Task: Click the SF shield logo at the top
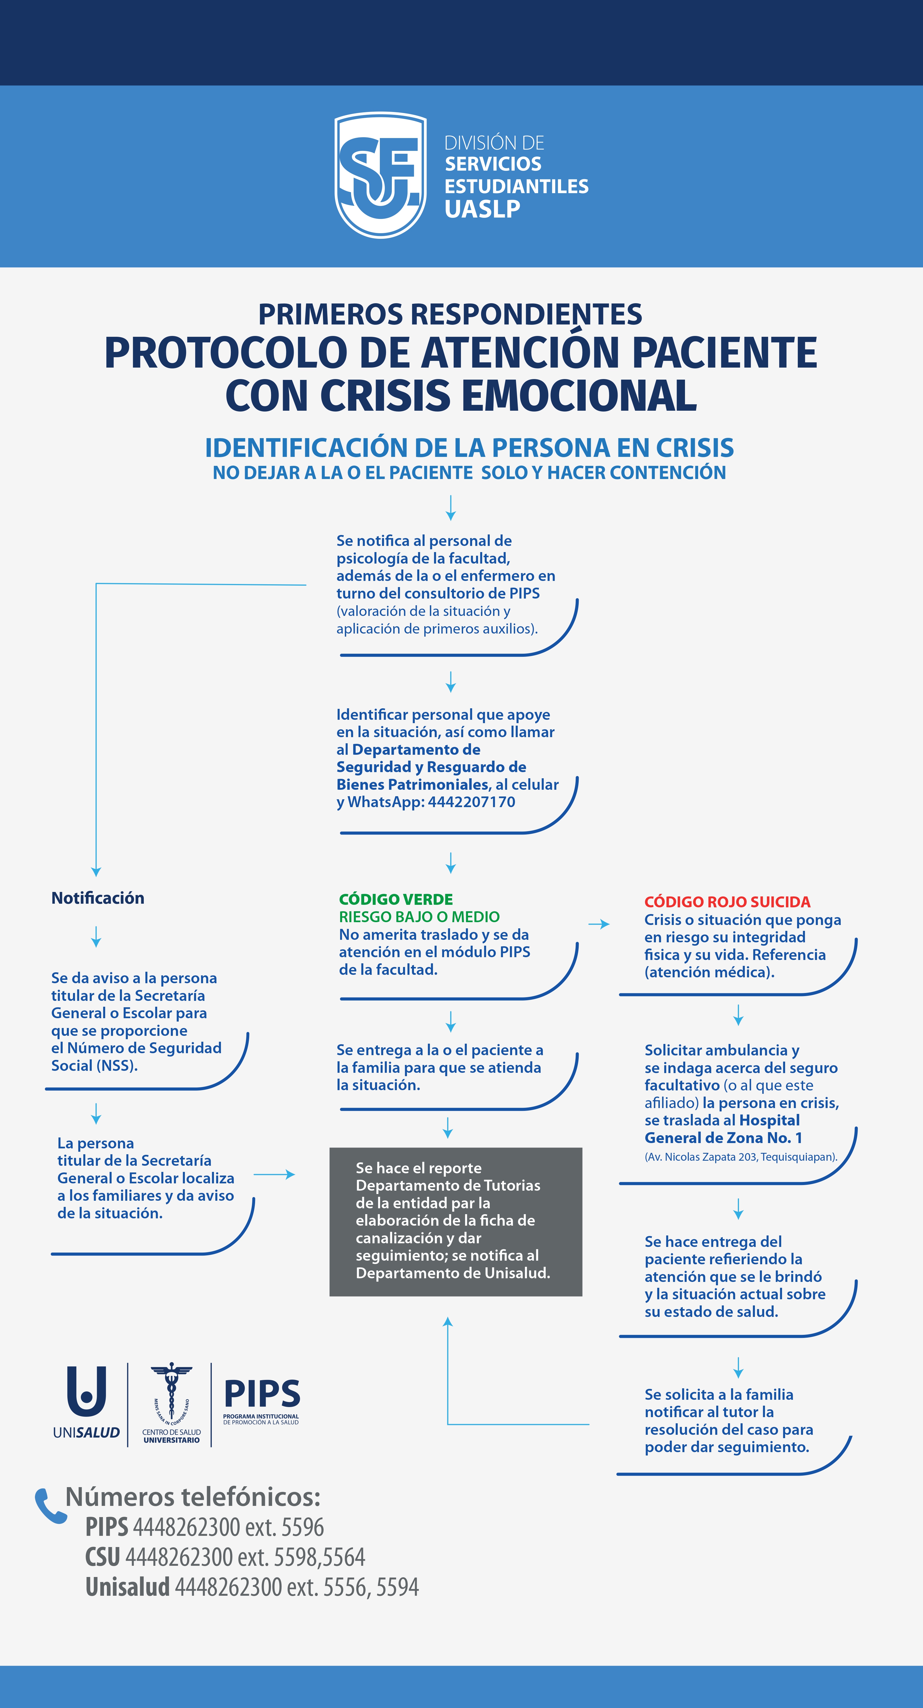[x=380, y=175]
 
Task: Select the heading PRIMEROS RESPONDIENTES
[x=450, y=314]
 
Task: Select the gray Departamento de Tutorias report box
[x=455, y=1221]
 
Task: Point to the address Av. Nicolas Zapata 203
[x=740, y=1157]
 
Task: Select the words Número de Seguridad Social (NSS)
[x=136, y=1057]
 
